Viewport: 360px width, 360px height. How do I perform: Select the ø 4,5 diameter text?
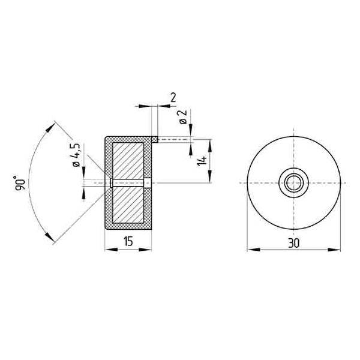click(76, 156)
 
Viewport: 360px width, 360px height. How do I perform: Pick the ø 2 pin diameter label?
click(183, 118)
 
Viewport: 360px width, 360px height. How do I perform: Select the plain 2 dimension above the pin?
click(173, 97)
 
